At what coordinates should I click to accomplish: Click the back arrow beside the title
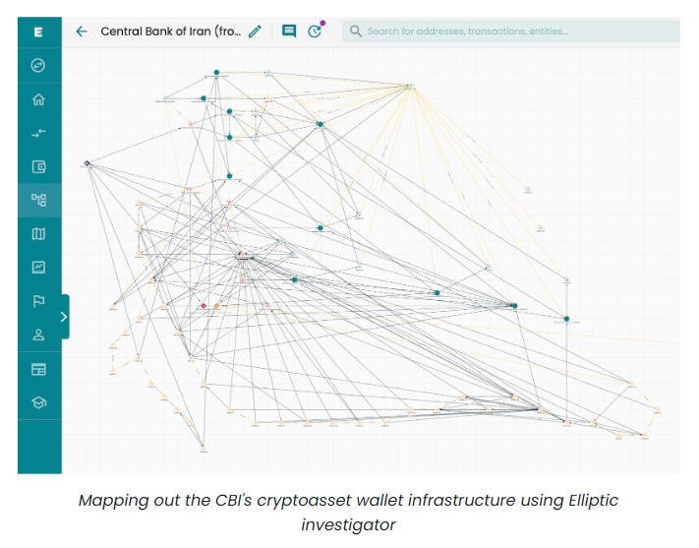pos(82,31)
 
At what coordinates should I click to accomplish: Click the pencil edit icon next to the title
pos(256,31)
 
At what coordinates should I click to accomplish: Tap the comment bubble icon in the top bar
pos(289,31)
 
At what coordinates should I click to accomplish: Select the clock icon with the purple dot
pos(315,31)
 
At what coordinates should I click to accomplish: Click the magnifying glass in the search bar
pos(355,31)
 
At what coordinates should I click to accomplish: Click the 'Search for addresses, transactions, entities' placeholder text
pos(467,31)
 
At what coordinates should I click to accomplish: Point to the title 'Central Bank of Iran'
pos(168,31)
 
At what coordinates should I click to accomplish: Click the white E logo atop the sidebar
pos(38,32)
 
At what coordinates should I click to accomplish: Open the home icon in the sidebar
pos(39,99)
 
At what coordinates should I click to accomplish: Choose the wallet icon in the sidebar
pos(39,166)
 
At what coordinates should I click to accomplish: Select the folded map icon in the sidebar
pos(39,233)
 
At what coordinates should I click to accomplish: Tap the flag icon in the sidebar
pos(39,301)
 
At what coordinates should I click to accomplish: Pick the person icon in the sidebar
pos(39,335)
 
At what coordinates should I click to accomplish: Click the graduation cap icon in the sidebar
pos(39,402)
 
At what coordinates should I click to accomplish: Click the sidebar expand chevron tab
pos(64,317)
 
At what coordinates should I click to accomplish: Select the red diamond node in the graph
pos(204,306)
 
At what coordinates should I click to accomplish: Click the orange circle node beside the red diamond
pos(216,306)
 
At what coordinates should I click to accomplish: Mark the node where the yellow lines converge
pos(410,87)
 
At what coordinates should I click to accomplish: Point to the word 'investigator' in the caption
pos(349,523)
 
